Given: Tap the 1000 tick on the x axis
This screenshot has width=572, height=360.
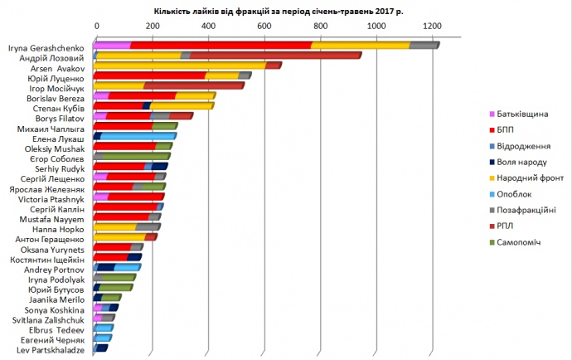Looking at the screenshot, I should point(376,27).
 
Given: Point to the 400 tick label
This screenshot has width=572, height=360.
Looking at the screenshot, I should point(209,27).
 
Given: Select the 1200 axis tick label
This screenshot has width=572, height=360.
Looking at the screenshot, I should point(431,27).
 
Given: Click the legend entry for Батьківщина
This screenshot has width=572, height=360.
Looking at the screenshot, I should point(525,113).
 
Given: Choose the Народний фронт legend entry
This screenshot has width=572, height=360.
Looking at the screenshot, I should point(531,177).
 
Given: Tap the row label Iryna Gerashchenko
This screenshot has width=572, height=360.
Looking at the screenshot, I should point(46,47).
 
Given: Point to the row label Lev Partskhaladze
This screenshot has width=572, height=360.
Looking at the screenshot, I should point(50,350).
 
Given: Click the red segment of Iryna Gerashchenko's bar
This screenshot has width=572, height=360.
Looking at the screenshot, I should point(221,46).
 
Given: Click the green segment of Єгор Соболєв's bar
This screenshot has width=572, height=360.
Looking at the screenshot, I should point(136,156).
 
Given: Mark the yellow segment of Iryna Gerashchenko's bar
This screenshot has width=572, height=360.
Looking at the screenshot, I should point(360,46).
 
